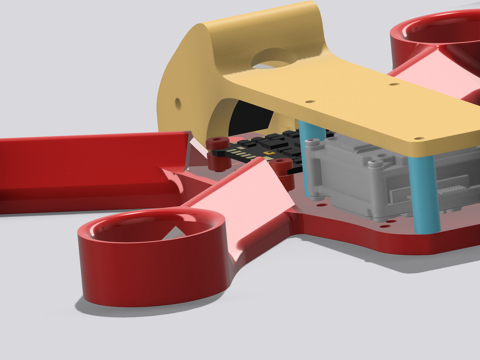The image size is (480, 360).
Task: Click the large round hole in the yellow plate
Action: coord(274,58)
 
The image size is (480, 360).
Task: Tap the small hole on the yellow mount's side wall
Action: coord(178,103)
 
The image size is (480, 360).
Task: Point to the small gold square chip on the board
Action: coord(268,153)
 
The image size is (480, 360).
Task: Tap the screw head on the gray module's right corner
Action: coord(375,164)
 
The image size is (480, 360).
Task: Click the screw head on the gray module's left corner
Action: coord(309,142)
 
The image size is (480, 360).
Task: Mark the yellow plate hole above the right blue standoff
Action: coord(419,139)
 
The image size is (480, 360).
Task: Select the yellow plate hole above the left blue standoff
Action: coord(310,101)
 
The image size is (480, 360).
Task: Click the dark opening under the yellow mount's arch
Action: coord(248,117)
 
